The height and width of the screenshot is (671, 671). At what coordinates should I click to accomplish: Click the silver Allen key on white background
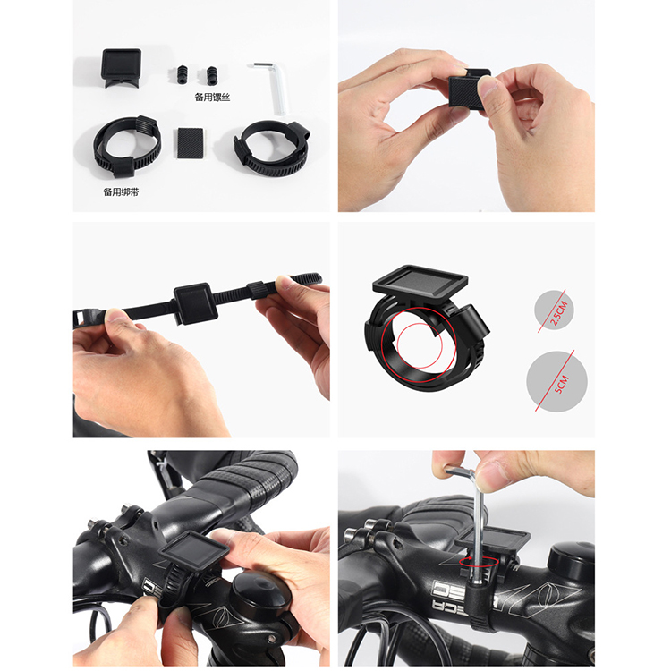275,88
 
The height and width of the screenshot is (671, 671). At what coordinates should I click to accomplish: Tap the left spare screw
183,74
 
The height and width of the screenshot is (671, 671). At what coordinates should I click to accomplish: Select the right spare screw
211,75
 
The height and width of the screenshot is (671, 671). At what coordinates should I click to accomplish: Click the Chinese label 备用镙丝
213,98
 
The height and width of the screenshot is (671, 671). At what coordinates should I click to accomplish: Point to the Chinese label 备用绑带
121,192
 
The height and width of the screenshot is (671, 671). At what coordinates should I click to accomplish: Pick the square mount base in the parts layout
122,67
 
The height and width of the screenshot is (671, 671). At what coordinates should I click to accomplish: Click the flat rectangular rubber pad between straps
190,143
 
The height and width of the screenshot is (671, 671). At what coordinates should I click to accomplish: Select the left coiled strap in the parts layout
128,146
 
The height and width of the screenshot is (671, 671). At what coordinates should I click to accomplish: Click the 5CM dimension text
561,384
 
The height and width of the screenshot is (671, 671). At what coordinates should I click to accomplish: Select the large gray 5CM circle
556,382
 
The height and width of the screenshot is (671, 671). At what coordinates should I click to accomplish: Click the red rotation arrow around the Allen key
479,562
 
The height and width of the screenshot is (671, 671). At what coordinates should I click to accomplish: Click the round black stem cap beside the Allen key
572,557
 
